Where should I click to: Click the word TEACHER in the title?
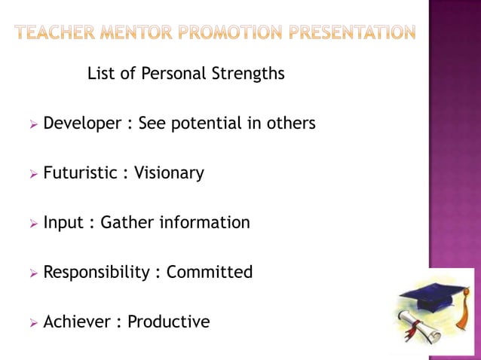(x=58, y=32)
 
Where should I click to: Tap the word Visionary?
(x=169, y=173)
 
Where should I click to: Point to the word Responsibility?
(x=97, y=273)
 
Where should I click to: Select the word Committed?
(x=209, y=272)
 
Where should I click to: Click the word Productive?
(x=168, y=322)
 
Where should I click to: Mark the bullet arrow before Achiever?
(x=33, y=323)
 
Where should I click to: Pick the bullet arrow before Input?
(x=33, y=224)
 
